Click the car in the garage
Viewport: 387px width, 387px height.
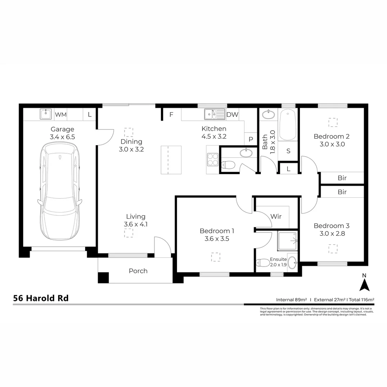tap(59, 192)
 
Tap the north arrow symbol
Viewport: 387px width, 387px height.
tap(364, 285)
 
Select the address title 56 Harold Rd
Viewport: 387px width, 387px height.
tap(41, 298)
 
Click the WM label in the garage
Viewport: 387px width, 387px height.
tap(61, 115)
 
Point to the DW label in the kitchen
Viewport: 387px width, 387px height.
tap(232, 115)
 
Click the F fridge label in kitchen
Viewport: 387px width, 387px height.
tap(171, 115)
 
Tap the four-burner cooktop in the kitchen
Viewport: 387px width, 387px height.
tap(213, 159)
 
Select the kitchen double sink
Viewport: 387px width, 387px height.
tap(214, 114)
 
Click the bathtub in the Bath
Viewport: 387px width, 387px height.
tap(287, 125)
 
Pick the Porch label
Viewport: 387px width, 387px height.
tap(138, 271)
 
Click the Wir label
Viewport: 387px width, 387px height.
tap(276, 216)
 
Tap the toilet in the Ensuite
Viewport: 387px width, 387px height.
tap(263, 263)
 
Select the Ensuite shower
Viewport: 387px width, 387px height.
tap(287, 240)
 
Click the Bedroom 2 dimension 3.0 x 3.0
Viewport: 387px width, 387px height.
tap(331, 144)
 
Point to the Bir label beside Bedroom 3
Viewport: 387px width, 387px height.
tap(342, 192)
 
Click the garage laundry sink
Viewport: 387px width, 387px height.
tap(46, 114)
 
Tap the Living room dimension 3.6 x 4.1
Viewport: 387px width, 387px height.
tap(136, 225)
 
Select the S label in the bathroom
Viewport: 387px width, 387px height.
tap(288, 151)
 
